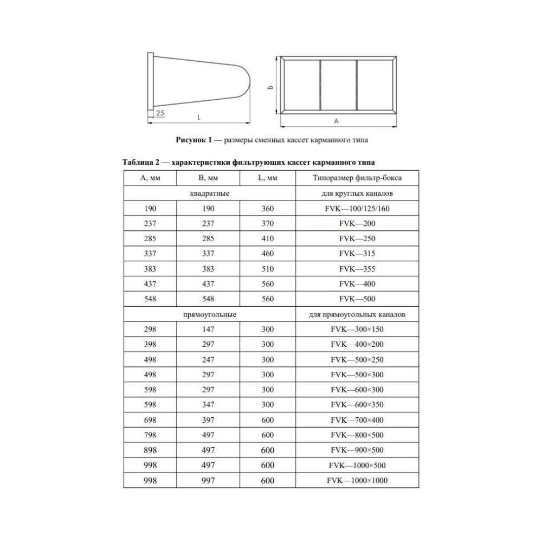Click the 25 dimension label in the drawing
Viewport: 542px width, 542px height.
[160, 113]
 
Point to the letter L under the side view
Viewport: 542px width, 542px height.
[199, 117]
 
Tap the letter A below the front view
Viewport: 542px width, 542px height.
[336, 120]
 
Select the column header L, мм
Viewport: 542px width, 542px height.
[268, 178]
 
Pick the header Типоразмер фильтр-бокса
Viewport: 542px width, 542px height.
[357, 178]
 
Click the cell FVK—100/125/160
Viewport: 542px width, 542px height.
[357, 209]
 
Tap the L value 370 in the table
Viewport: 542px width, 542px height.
[268, 223]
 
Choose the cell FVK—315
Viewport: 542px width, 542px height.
[357, 254]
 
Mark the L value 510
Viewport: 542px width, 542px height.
[268, 269]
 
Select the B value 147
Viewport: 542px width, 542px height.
[207, 329]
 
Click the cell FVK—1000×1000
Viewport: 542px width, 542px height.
[357, 481]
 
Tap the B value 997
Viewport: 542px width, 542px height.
[207, 481]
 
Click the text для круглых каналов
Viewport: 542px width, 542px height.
[357, 193]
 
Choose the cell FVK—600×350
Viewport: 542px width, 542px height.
[357, 405]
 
